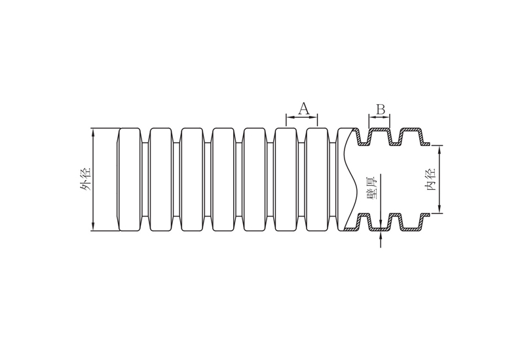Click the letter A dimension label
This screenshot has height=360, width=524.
coord(303,109)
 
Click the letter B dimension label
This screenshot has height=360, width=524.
coord(381,109)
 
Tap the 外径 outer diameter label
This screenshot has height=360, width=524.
coord(85,179)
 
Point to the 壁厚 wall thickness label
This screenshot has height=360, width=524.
coord(371,188)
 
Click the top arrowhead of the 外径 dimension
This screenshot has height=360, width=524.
coord(93,132)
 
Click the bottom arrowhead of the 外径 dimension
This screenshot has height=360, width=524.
coord(93,227)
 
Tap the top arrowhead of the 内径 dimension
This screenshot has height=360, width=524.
coord(440,149)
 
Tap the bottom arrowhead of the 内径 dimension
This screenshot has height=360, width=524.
coord(440,209)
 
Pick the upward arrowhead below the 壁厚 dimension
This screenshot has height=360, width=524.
coord(381,234)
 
